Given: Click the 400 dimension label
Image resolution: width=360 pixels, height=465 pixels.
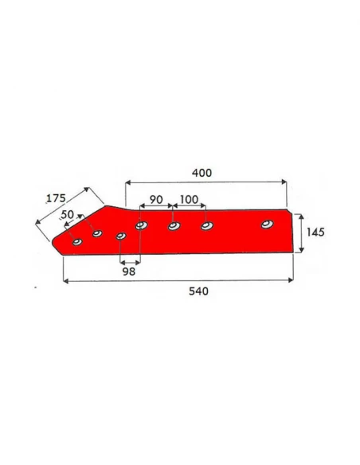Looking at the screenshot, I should pyautogui.click(x=203, y=172).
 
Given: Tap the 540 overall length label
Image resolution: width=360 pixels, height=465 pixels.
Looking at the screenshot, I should pyautogui.click(x=198, y=291).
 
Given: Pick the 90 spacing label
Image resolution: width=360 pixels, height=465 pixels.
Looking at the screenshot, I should pyautogui.click(x=155, y=198).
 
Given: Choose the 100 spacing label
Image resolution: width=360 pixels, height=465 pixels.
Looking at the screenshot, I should pyautogui.click(x=189, y=198).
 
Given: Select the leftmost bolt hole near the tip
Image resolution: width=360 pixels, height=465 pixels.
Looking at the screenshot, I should pyautogui.click(x=77, y=242).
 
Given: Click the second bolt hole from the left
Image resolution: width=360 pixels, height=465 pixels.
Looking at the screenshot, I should pyautogui.click(x=97, y=233).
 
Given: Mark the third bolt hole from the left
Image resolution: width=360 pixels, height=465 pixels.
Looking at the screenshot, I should pyautogui.click(x=121, y=236).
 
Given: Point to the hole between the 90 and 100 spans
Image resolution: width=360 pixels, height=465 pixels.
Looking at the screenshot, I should pyautogui.click(x=173, y=227).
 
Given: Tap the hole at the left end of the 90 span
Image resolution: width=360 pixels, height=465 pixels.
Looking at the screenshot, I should pyautogui.click(x=141, y=226).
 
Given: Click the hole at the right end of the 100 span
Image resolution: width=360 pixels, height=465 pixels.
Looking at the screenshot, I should pyautogui.click(x=206, y=227).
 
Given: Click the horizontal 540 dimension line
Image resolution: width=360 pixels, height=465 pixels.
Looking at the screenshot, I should pyautogui.click(x=175, y=280).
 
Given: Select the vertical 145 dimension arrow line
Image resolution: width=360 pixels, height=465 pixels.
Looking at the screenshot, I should pyautogui.click(x=300, y=232).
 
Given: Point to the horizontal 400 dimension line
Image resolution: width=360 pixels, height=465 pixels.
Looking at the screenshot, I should pyautogui.click(x=205, y=182).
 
